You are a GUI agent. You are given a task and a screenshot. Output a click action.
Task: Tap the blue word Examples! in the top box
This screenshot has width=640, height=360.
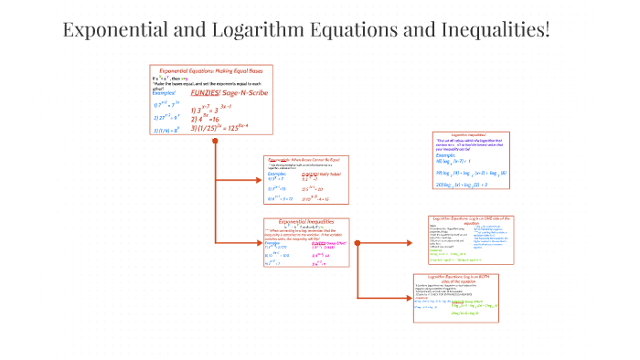tap(164, 92)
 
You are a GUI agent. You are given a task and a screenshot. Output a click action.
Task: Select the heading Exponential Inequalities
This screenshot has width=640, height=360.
tap(306, 221)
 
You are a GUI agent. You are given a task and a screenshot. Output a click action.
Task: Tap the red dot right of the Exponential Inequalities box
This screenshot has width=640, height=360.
tap(357, 243)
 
